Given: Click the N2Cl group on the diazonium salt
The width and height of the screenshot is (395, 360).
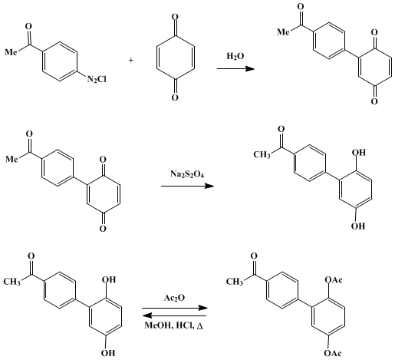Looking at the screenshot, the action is click(x=97, y=80).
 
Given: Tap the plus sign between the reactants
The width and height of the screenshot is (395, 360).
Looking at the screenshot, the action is click(x=131, y=61).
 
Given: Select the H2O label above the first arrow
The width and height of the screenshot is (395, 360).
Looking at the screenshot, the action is click(x=235, y=56).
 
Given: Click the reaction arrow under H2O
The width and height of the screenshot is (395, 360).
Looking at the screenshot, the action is click(x=235, y=68).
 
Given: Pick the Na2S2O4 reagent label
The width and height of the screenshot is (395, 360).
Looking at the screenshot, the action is click(x=187, y=174).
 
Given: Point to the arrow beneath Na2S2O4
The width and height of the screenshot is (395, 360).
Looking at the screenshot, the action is click(x=187, y=186).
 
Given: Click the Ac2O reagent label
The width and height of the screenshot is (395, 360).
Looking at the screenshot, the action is click(x=174, y=298).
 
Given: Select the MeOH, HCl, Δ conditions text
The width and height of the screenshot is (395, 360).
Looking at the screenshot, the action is click(x=174, y=325).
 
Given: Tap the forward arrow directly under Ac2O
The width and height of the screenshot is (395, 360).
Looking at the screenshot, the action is click(x=175, y=308).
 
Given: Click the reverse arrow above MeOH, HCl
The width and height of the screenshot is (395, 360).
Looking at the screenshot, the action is click(x=174, y=315).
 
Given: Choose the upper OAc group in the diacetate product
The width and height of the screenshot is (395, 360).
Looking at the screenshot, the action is click(x=334, y=280).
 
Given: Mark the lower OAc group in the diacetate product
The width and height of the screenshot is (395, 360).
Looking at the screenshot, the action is click(x=333, y=353).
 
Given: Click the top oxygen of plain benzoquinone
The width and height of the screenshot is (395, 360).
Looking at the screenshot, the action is click(x=175, y=17).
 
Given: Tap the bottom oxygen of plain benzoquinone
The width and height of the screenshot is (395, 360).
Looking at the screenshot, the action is click(x=175, y=97).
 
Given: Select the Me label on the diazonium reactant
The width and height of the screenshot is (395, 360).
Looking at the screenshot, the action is click(x=12, y=52).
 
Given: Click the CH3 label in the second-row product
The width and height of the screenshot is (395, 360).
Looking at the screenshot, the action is click(x=262, y=154).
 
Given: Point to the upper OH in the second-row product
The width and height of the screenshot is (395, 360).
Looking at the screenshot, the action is click(x=359, y=153).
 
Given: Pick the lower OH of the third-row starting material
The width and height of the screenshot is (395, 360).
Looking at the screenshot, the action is click(x=108, y=353).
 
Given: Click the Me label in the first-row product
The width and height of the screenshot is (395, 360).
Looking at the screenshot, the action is click(x=284, y=32).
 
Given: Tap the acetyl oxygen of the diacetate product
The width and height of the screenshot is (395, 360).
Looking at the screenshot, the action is click(x=254, y=256).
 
